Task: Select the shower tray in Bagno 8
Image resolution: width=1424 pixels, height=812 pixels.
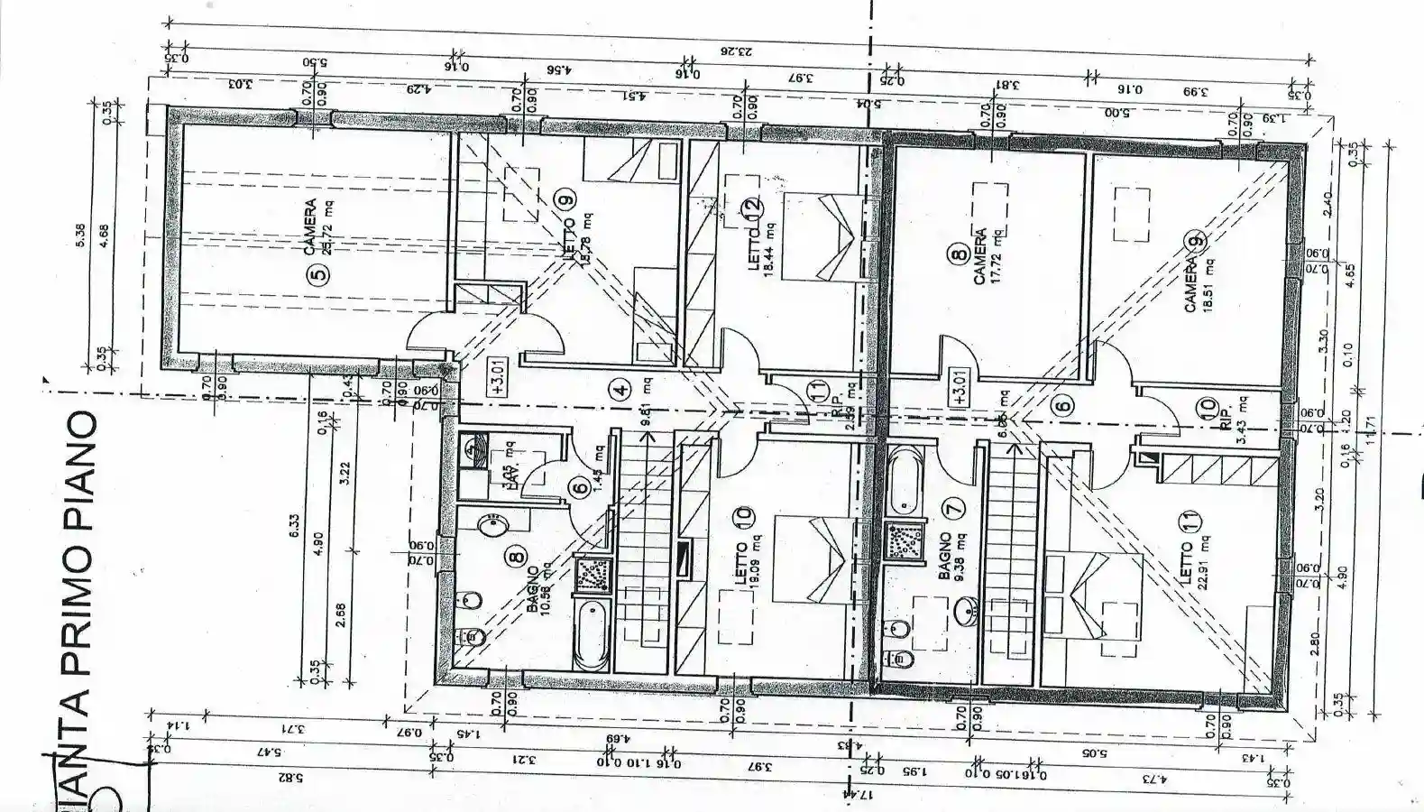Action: (592, 574)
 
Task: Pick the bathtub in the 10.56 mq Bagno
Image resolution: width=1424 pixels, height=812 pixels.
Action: (592, 635)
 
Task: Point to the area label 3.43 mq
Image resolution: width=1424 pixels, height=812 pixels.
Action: (1241, 419)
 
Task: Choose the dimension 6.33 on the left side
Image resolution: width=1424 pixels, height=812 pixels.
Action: (294, 533)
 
